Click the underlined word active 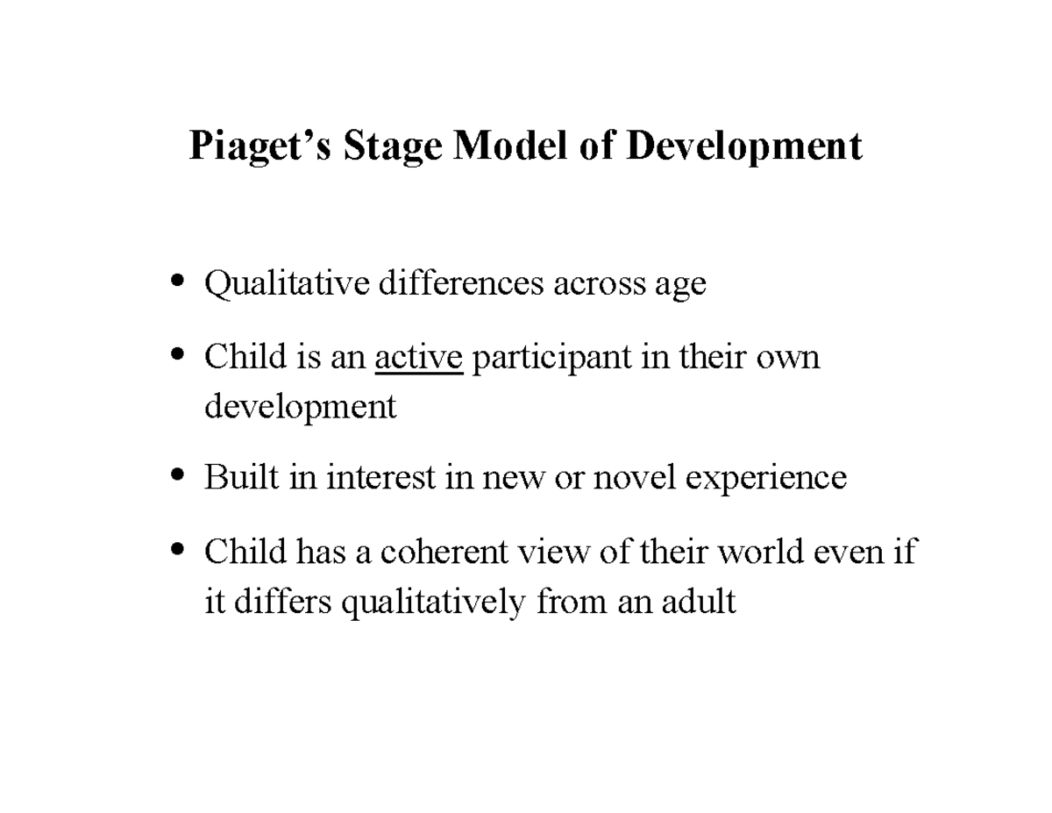[418, 357]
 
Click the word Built [232, 477]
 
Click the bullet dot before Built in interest [178, 474]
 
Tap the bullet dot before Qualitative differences [178, 282]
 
